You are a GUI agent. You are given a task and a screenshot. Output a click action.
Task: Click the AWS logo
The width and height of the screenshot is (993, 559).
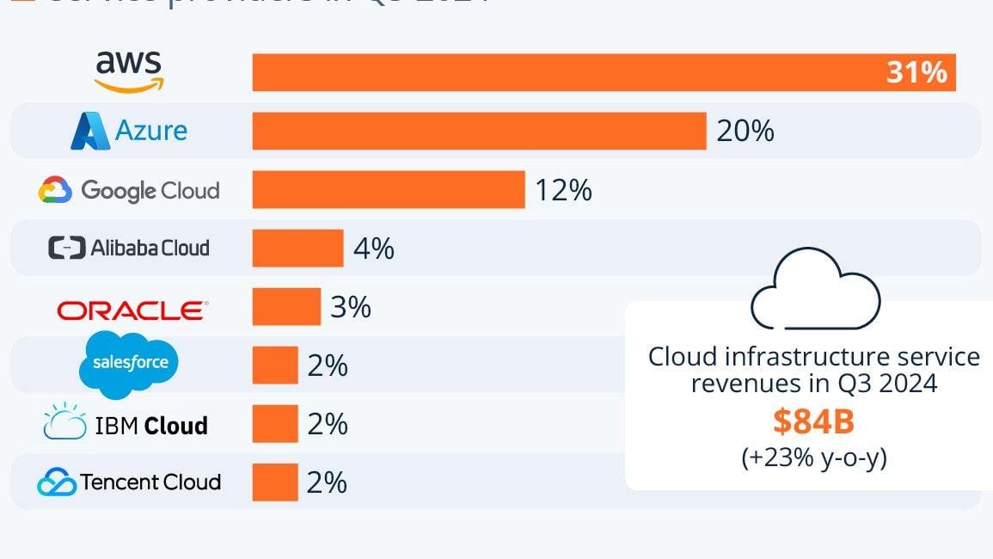coord(129,71)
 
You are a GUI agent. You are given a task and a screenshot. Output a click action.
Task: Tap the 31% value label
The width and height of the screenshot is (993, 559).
coord(916,73)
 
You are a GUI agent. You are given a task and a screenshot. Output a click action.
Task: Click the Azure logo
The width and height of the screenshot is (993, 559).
coord(129,131)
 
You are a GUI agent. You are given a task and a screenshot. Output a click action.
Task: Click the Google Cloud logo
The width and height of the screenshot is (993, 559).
coord(129,190)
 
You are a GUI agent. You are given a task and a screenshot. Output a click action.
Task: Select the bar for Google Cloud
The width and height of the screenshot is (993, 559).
coord(388,189)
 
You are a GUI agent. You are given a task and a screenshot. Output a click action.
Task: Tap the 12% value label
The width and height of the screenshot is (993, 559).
coord(563,190)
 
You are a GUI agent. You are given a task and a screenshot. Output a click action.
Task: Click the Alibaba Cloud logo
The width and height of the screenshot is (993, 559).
coord(129,248)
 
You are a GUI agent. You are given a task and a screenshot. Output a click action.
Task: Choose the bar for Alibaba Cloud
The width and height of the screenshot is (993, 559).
coord(297,248)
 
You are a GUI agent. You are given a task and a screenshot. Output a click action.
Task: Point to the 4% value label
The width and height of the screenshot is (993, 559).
coord(374,249)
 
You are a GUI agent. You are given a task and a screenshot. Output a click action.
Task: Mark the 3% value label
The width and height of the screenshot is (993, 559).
coord(350,307)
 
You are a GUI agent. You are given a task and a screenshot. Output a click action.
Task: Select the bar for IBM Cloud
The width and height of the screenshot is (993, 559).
coord(275,424)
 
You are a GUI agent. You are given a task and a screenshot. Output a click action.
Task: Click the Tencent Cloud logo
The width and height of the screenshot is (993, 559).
coord(129,482)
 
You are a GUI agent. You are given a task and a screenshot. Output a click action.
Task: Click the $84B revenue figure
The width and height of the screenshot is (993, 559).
coord(812,421)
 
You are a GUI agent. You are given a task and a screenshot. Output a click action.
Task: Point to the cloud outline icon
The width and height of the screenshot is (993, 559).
coord(815,290)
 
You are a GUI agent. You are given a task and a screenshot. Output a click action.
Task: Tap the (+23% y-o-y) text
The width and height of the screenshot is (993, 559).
coord(813,458)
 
